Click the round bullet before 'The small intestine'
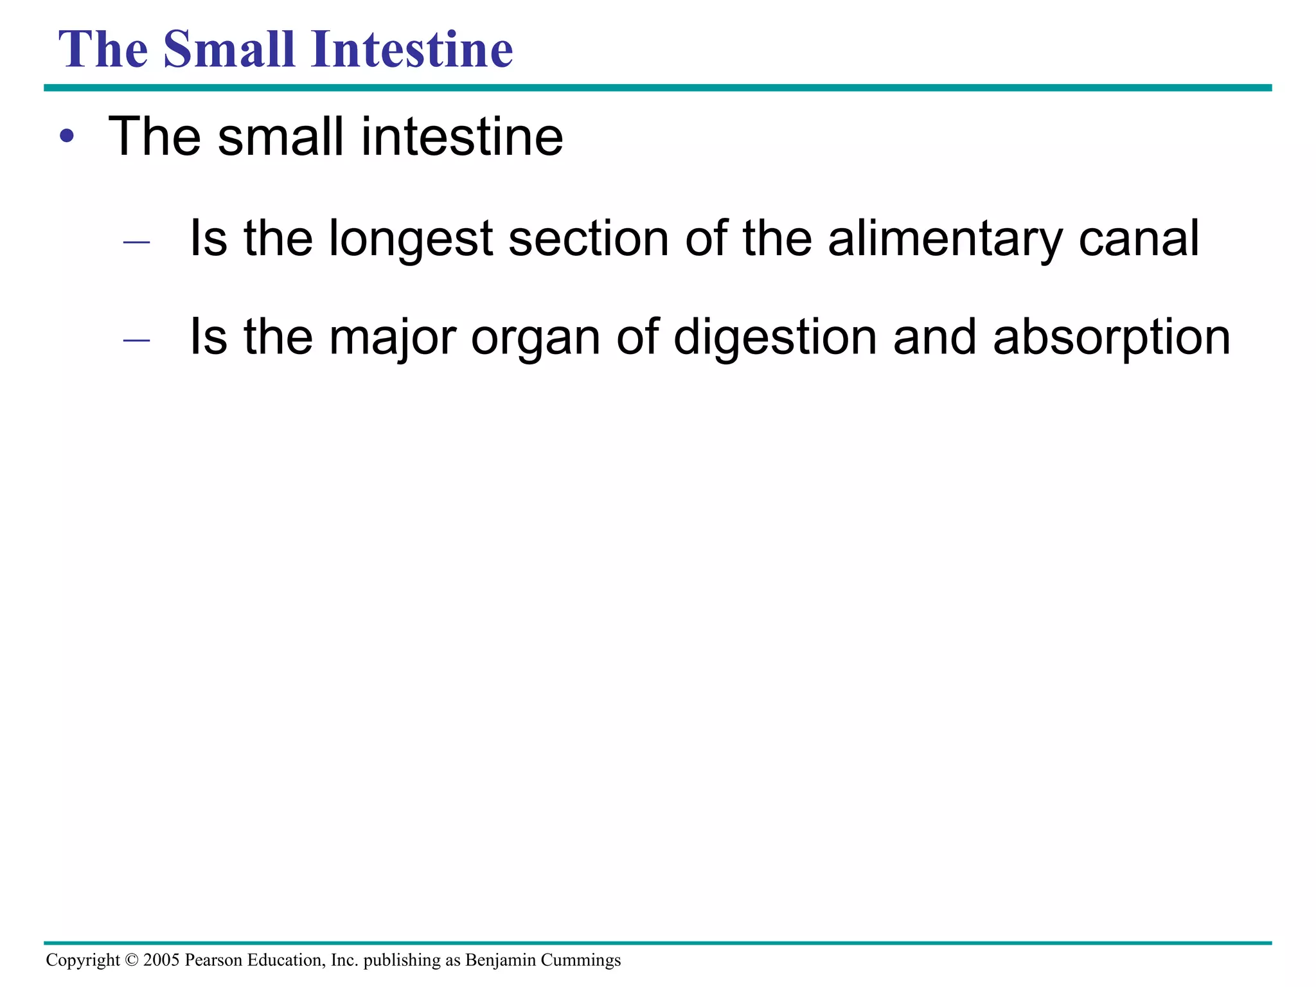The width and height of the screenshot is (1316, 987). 67,136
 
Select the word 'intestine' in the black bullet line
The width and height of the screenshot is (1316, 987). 462,136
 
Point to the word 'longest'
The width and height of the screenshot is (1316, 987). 411,239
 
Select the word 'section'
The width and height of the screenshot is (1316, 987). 589,239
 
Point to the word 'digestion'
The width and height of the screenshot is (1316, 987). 775,338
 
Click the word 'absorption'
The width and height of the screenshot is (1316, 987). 1112,338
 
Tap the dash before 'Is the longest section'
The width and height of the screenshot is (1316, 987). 136,242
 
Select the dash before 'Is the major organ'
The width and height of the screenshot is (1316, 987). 136,341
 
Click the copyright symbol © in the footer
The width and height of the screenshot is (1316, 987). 132,960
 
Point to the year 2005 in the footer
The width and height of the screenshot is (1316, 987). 161,960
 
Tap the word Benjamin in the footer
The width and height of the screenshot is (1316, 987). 500,960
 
